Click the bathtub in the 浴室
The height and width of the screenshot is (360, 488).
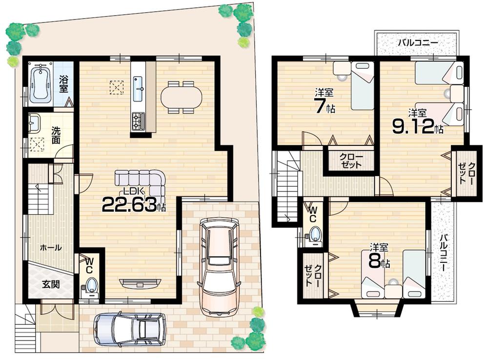click(41, 84)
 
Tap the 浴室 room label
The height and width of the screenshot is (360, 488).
click(63, 83)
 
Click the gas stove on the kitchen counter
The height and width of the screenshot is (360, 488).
click(138, 120)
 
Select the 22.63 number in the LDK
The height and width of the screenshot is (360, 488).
click(129, 204)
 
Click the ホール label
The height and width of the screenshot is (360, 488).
click(51, 248)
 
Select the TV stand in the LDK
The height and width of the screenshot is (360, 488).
click(140, 282)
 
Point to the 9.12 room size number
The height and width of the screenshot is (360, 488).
click(413, 127)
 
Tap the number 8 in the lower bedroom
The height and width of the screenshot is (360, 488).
click(374, 261)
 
